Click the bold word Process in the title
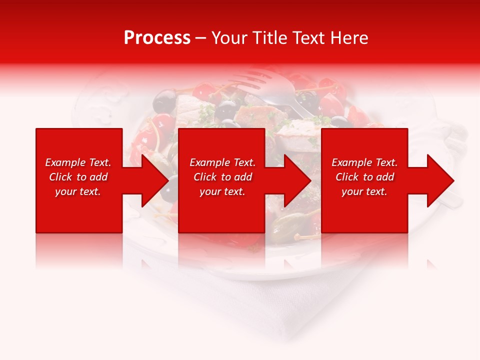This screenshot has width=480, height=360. (157, 38)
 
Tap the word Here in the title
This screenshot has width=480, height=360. (349, 38)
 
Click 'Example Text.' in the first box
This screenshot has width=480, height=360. (78, 162)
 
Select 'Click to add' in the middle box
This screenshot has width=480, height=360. (222, 177)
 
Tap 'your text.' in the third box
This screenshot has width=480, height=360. (364, 191)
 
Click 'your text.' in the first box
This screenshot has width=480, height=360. (78, 191)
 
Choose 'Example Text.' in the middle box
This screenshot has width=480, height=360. (222, 162)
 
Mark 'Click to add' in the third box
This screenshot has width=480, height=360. (364, 177)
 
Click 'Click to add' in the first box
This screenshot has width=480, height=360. (78, 177)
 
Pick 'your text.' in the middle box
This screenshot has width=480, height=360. (222, 191)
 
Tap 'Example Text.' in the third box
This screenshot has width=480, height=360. (364, 162)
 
